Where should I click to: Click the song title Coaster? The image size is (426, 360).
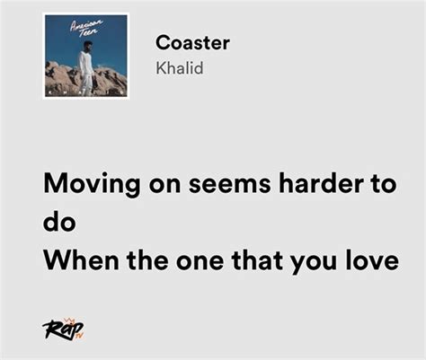click(x=192, y=43)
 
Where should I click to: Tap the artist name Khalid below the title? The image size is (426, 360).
click(x=180, y=68)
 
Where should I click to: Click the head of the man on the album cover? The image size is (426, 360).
click(x=86, y=47)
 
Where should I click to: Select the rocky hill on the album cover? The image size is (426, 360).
click(x=86, y=78)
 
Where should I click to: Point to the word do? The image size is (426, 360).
click(x=59, y=222)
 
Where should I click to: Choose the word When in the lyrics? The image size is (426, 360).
click(x=81, y=259)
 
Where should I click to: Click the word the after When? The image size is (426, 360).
click(x=147, y=259)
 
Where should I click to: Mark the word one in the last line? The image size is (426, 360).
click(x=200, y=262)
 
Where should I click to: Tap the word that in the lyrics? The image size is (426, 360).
click(x=257, y=259)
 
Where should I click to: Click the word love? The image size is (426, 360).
click(x=372, y=259)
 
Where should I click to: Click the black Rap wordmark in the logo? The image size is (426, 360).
click(x=61, y=330)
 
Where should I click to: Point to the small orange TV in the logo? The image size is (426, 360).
click(x=79, y=336)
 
